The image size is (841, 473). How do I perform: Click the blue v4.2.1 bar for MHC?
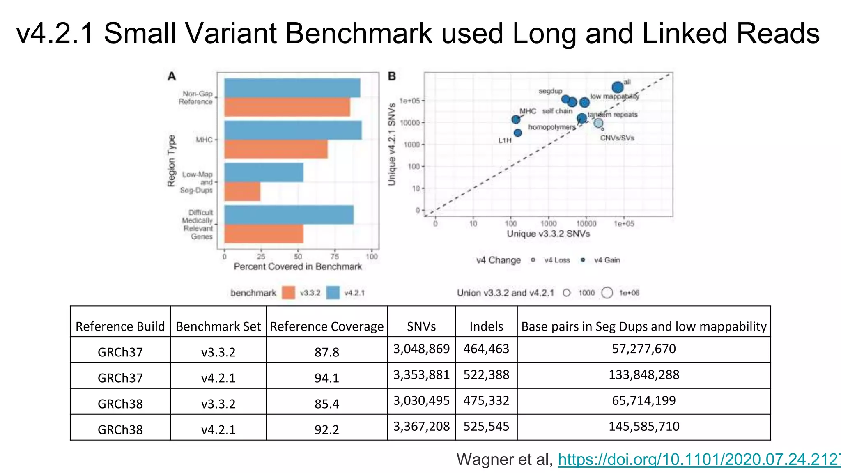pyautogui.click(x=292, y=130)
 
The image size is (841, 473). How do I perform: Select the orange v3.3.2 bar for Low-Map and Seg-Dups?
pyautogui.click(x=242, y=192)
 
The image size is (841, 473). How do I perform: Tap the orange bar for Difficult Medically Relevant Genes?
pyautogui.click(x=264, y=234)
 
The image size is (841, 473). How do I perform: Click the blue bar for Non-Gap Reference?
pyautogui.click(x=292, y=88)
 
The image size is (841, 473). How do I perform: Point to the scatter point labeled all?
pyautogui.click(x=617, y=87)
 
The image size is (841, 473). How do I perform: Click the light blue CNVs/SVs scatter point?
pyautogui.click(x=599, y=123)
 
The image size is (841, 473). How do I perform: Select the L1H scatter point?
pyautogui.click(x=518, y=133)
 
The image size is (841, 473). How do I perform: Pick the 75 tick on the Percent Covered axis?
pyautogui.click(x=335, y=257)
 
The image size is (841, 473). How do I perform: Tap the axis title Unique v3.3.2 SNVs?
pyautogui.click(x=548, y=234)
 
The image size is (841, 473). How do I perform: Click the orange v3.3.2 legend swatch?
pyautogui.click(x=289, y=293)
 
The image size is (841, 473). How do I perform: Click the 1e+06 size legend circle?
pyautogui.click(x=607, y=293)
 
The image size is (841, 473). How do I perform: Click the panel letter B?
pyautogui.click(x=392, y=76)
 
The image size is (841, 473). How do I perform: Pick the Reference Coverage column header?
pyautogui.click(x=326, y=326)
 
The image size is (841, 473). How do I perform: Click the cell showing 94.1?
pyautogui.click(x=326, y=378)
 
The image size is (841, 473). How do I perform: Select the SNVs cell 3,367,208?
pyautogui.click(x=421, y=427)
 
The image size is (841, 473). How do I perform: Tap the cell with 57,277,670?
pyautogui.click(x=643, y=349)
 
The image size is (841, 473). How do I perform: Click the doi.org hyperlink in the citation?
pyautogui.click(x=698, y=459)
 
